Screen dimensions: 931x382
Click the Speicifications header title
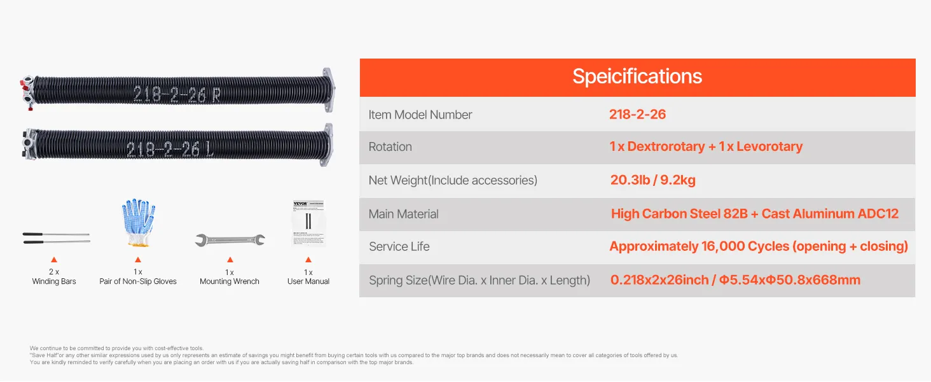click(637, 76)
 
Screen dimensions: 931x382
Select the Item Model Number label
click(420, 115)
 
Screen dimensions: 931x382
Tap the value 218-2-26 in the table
click(638, 115)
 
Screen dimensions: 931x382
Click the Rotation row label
click(390, 147)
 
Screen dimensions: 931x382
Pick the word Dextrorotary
click(666, 146)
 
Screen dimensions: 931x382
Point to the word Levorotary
click(769, 146)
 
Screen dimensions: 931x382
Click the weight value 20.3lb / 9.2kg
click(652, 180)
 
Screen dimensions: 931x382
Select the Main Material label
click(403, 214)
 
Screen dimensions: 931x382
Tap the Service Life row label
click(399, 246)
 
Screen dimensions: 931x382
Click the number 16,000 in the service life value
click(723, 246)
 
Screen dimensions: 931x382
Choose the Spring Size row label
click(479, 280)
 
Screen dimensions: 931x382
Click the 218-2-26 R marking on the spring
click(177, 94)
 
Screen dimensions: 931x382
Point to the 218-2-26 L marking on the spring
click(170, 150)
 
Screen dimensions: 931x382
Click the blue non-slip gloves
click(138, 223)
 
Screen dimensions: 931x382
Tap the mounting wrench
click(230, 240)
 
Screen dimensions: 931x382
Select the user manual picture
click(308, 223)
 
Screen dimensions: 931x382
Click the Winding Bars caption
click(54, 281)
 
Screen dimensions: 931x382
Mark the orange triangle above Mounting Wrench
click(230, 260)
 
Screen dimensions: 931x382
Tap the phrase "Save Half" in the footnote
click(45, 355)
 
